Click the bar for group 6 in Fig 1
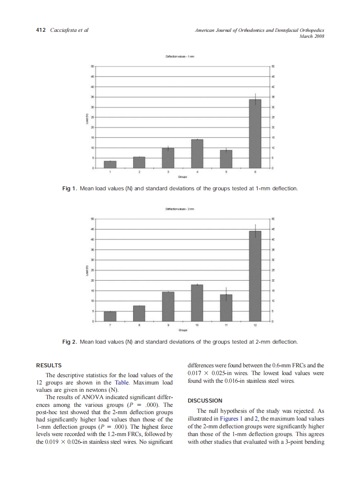pyautogui.click(x=255, y=134)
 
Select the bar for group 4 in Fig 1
pyautogui.click(x=197, y=154)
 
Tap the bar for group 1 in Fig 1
pyautogui.click(x=110, y=165)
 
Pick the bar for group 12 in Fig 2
pyautogui.click(x=255, y=276)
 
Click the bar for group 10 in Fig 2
pyautogui.click(x=197, y=303)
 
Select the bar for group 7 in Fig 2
pyautogui.click(x=110, y=317)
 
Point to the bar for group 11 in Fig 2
pyautogui.click(x=226, y=308)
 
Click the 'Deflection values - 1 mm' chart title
pyautogui.click(x=180, y=57)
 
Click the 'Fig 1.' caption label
pyautogui.click(x=70, y=189)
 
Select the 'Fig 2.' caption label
pyautogui.click(x=70, y=342)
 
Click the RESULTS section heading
pyautogui.click(x=49, y=366)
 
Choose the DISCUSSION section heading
pyautogui.click(x=205, y=400)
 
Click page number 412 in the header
pyautogui.click(x=41, y=30)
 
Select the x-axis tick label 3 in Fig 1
pyautogui.click(x=168, y=172)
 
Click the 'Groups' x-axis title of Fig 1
pyautogui.click(x=182, y=177)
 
